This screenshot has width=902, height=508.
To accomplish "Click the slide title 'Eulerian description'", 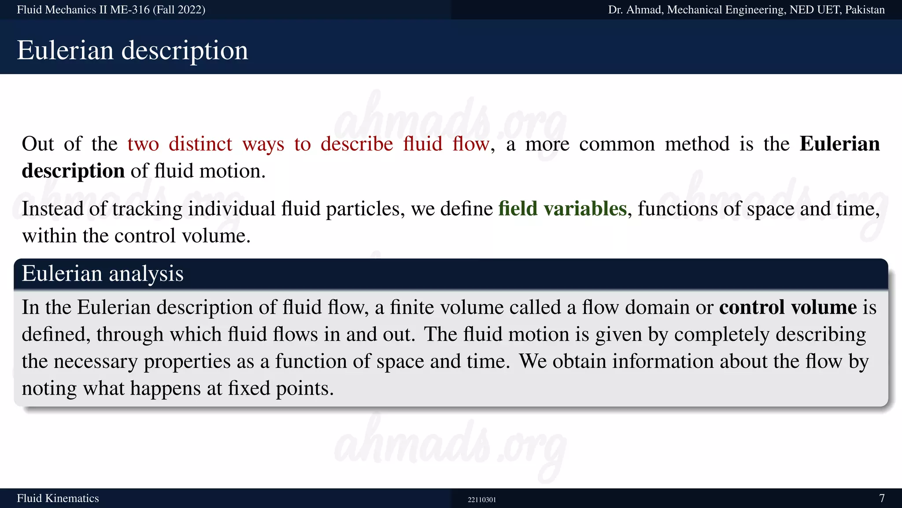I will [132, 50].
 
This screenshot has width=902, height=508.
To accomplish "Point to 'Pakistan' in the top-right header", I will [865, 10].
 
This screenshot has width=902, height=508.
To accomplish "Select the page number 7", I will [882, 498].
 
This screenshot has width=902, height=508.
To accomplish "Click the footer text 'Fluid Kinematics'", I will [58, 498].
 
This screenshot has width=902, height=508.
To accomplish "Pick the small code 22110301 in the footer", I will [481, 500].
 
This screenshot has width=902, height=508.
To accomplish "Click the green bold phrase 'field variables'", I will [562, 209].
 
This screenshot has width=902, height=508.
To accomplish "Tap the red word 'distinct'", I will [200, 144].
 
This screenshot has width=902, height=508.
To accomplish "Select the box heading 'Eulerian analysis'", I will [102, 273].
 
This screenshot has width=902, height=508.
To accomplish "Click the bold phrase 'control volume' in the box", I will [788, 307].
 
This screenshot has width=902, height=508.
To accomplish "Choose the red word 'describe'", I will [357, 144].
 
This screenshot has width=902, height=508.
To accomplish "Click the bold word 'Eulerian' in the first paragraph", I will [839, 144].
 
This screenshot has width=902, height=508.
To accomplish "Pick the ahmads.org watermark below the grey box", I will [449, 445].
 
